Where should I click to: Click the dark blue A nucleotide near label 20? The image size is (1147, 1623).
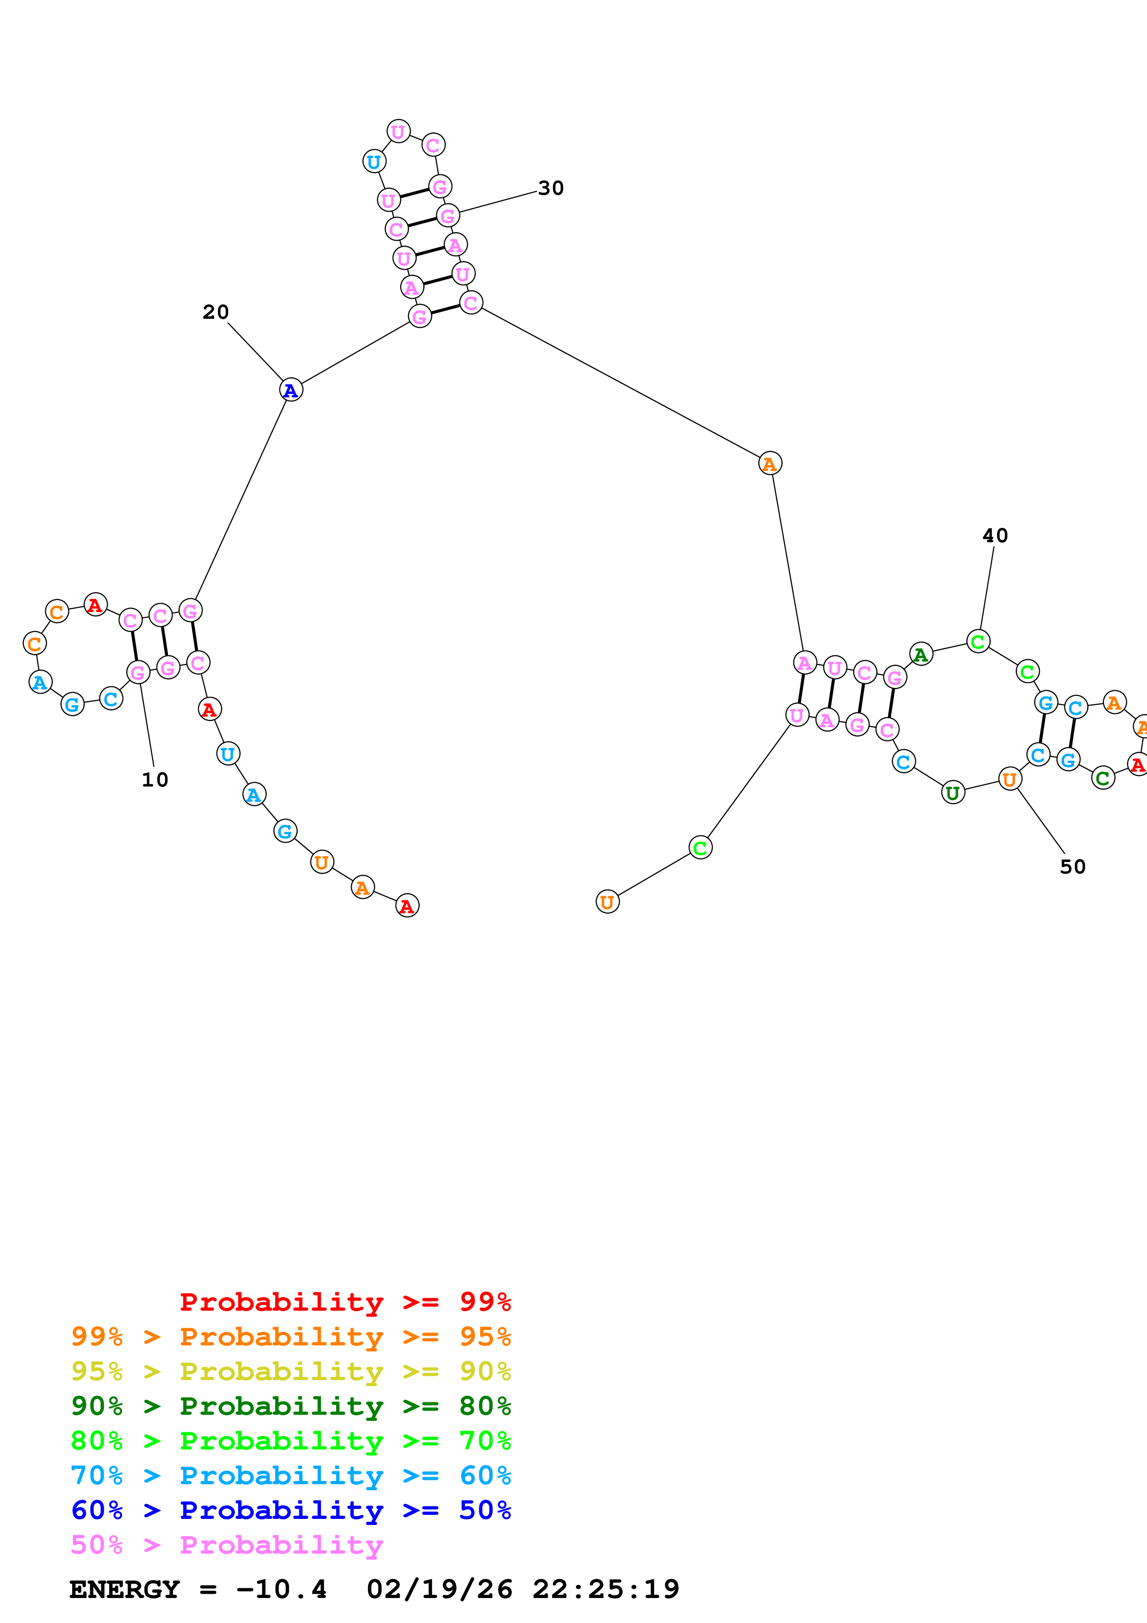point(291,390)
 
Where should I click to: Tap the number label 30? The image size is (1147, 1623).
point(551,188)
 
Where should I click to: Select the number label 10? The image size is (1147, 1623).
point(155,780)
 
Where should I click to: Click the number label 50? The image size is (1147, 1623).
point(1072,867)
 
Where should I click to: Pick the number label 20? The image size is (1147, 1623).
point(216,312)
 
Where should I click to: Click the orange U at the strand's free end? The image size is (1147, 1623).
point(607,902)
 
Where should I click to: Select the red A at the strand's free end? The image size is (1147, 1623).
point(407,905)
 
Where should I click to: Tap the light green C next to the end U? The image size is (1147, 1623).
point(700,848)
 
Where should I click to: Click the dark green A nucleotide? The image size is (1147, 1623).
point(920,655)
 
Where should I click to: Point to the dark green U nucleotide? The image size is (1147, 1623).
point(953,793)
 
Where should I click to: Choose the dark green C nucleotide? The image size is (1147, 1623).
point(1103,778)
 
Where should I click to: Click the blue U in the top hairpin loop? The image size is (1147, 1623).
point(374,162)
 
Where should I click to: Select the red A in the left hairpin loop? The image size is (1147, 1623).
point(95,605)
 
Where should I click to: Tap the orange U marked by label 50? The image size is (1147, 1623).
point(1009,779)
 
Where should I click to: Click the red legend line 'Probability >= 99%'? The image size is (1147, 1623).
point(345,1302)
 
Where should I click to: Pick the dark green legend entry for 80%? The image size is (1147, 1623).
point(291,1406)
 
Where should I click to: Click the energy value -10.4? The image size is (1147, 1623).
point(281,1590)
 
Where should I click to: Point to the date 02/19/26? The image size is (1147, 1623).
point(439,1590)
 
